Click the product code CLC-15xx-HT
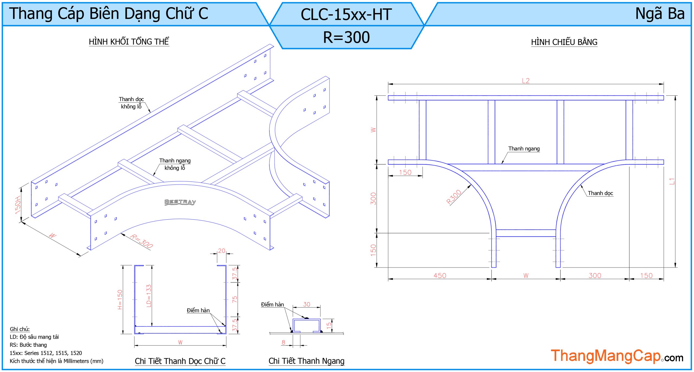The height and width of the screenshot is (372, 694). (346, 14)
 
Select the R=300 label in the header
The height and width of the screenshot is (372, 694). (346, 37)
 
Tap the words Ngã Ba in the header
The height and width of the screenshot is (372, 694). (660, 14)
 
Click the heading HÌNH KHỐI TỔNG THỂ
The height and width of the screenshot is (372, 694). (129, 42)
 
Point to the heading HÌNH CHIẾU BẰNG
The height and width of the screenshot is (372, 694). (564, 42)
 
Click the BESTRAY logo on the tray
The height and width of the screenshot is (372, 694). (180, 202)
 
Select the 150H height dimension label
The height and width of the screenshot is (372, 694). (18, 205)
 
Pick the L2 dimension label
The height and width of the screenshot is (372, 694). (525, 81)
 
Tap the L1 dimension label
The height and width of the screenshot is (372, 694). (671, 181)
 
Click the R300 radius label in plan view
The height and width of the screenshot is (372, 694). (454, 197)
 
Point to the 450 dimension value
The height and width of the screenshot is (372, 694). (439, 276)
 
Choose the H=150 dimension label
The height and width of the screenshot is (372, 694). (120, 299)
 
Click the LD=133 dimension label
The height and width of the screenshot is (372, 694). (149, 296)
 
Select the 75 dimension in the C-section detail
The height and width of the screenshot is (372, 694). (234, 299)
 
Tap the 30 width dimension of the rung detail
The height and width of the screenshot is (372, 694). (306, 304)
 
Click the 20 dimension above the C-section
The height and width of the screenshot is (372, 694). (221, 251)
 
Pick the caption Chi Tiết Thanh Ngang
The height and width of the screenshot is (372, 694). (306, 361)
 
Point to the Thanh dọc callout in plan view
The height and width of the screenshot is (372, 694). (600, 193)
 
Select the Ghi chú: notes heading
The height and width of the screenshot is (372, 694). (20, 329)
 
